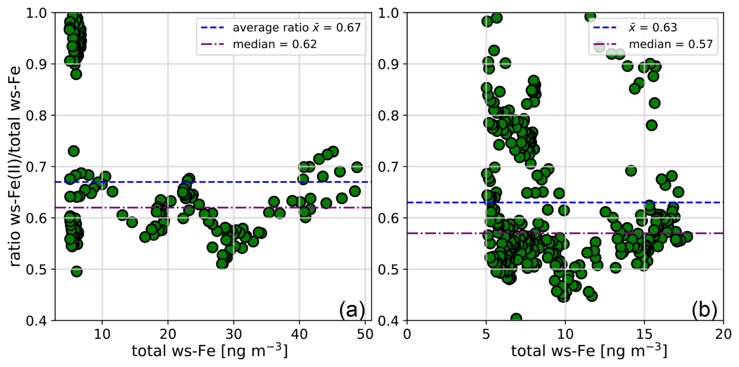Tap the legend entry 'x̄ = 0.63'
(x=653, y=28)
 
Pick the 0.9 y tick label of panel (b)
(x=388, y=64)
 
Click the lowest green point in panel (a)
(x=77, y=271)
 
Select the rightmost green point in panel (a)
(x=357, y=167)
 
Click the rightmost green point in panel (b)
(x=687, y=237)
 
